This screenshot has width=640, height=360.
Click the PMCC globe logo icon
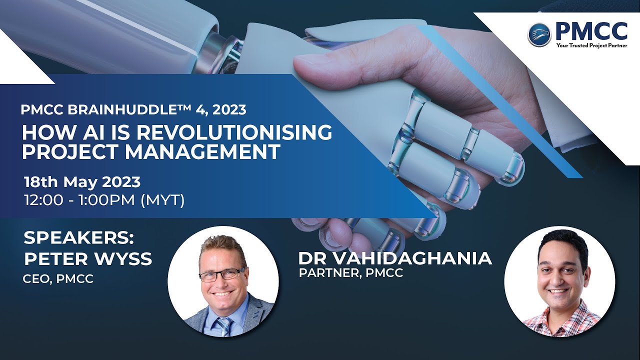(x=539, y=34)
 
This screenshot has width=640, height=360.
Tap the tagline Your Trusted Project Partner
(x=591, y=45)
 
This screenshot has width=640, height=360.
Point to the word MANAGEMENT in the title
(x=203, y=151)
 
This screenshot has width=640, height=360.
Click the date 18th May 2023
(x=82, y=181)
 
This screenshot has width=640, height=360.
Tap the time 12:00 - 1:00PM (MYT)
(x=104, y=200)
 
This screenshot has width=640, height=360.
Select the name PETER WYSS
(x=87, y=259)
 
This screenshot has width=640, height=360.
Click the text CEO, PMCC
(x=58, y=279)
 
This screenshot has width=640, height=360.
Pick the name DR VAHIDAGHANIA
(x=395, y=258)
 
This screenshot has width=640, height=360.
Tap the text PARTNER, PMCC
(x=350, y=273)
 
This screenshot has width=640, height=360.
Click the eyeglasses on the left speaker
(x=222, y=274)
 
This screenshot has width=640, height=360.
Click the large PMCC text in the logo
(x=590, y=31)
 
